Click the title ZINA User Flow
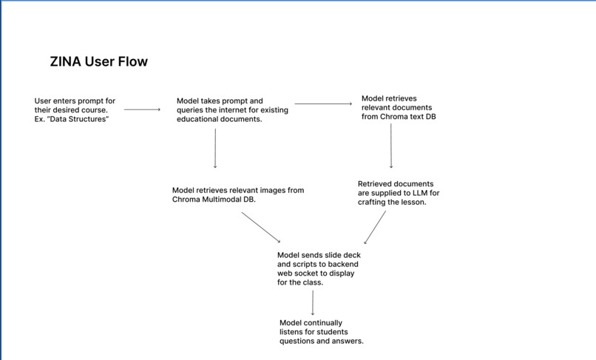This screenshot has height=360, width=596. tap(99, 61)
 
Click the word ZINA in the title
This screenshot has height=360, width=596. tap(65, 61)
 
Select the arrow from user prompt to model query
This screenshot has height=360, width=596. tap(142, 109)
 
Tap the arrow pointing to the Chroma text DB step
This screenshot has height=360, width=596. tap(323, 103)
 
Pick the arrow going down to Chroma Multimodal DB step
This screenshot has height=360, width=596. tap(215, 149)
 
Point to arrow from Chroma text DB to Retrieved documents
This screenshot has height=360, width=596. tap(391, 146)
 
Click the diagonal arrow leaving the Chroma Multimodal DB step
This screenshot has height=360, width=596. tap(261, 227)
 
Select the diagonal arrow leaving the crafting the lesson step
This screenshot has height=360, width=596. tap(375, 228)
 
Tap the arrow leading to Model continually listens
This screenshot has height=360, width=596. tap(313, 303)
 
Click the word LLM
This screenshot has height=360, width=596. tap(420, 193)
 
